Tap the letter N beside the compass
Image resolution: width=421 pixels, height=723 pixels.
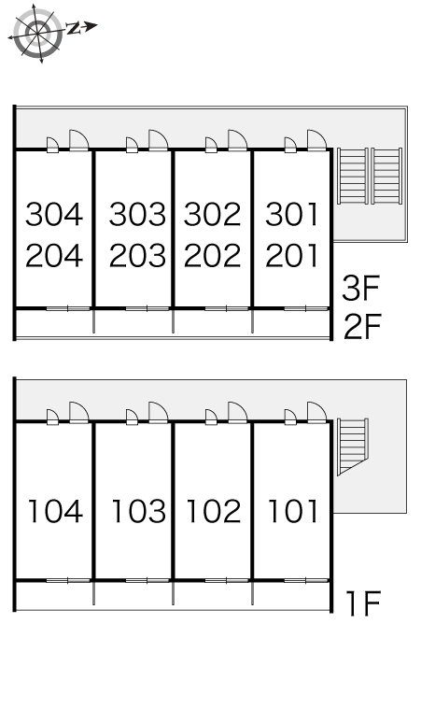[73, 28]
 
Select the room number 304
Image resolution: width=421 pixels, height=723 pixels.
[54, 215]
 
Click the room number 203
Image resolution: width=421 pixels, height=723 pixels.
[137, 255]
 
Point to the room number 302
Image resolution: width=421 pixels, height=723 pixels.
[212, 215]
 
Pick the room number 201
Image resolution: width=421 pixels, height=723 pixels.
[292, 255]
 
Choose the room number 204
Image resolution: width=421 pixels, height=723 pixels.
[54, 255]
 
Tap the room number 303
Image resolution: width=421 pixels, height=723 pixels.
[137, 215]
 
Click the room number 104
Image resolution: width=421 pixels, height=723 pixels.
[56, 511]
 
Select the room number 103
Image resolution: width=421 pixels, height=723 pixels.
[139, 511]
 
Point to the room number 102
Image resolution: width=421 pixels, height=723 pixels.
[214, 511]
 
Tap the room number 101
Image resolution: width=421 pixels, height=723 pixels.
[293, 511]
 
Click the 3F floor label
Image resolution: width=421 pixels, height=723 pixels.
[360, 288]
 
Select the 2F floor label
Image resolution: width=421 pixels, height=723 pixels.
[362, 326]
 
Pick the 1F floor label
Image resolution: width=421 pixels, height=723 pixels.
[363, 603]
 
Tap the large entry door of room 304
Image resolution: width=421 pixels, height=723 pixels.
[78, 140]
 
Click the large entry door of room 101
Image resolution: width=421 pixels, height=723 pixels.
[316, 412]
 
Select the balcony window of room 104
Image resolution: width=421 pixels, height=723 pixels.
[68, 580]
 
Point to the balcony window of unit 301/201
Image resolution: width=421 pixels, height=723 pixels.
[306, 308]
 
